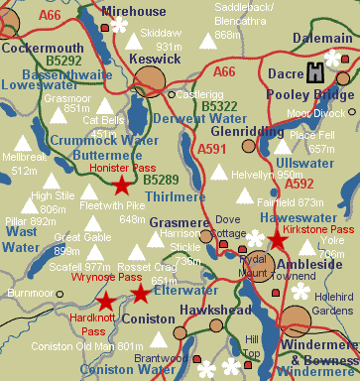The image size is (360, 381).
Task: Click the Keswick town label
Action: [154, 59]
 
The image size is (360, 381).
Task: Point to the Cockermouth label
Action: [42, 47]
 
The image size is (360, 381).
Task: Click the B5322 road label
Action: [219, 104]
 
